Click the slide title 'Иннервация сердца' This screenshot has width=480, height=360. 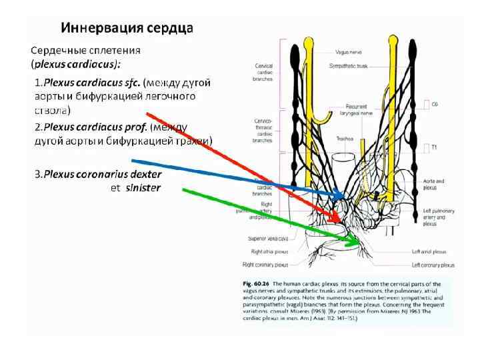coord(127,29)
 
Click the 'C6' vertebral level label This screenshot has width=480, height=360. coord(435,104)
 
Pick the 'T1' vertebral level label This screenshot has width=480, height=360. coord(434,146)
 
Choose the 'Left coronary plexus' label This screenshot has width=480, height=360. coord(433,265)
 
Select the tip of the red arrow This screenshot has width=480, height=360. coord(336,222)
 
